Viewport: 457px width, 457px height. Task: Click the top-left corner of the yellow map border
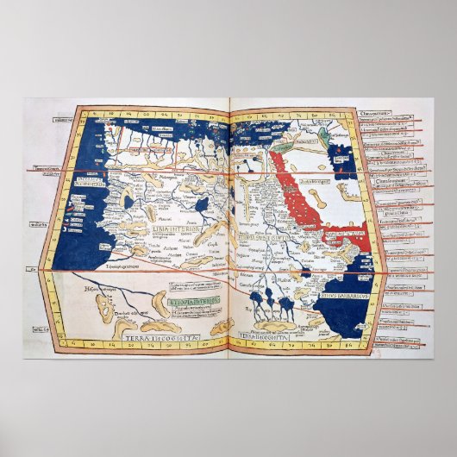(x=76, y=107)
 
